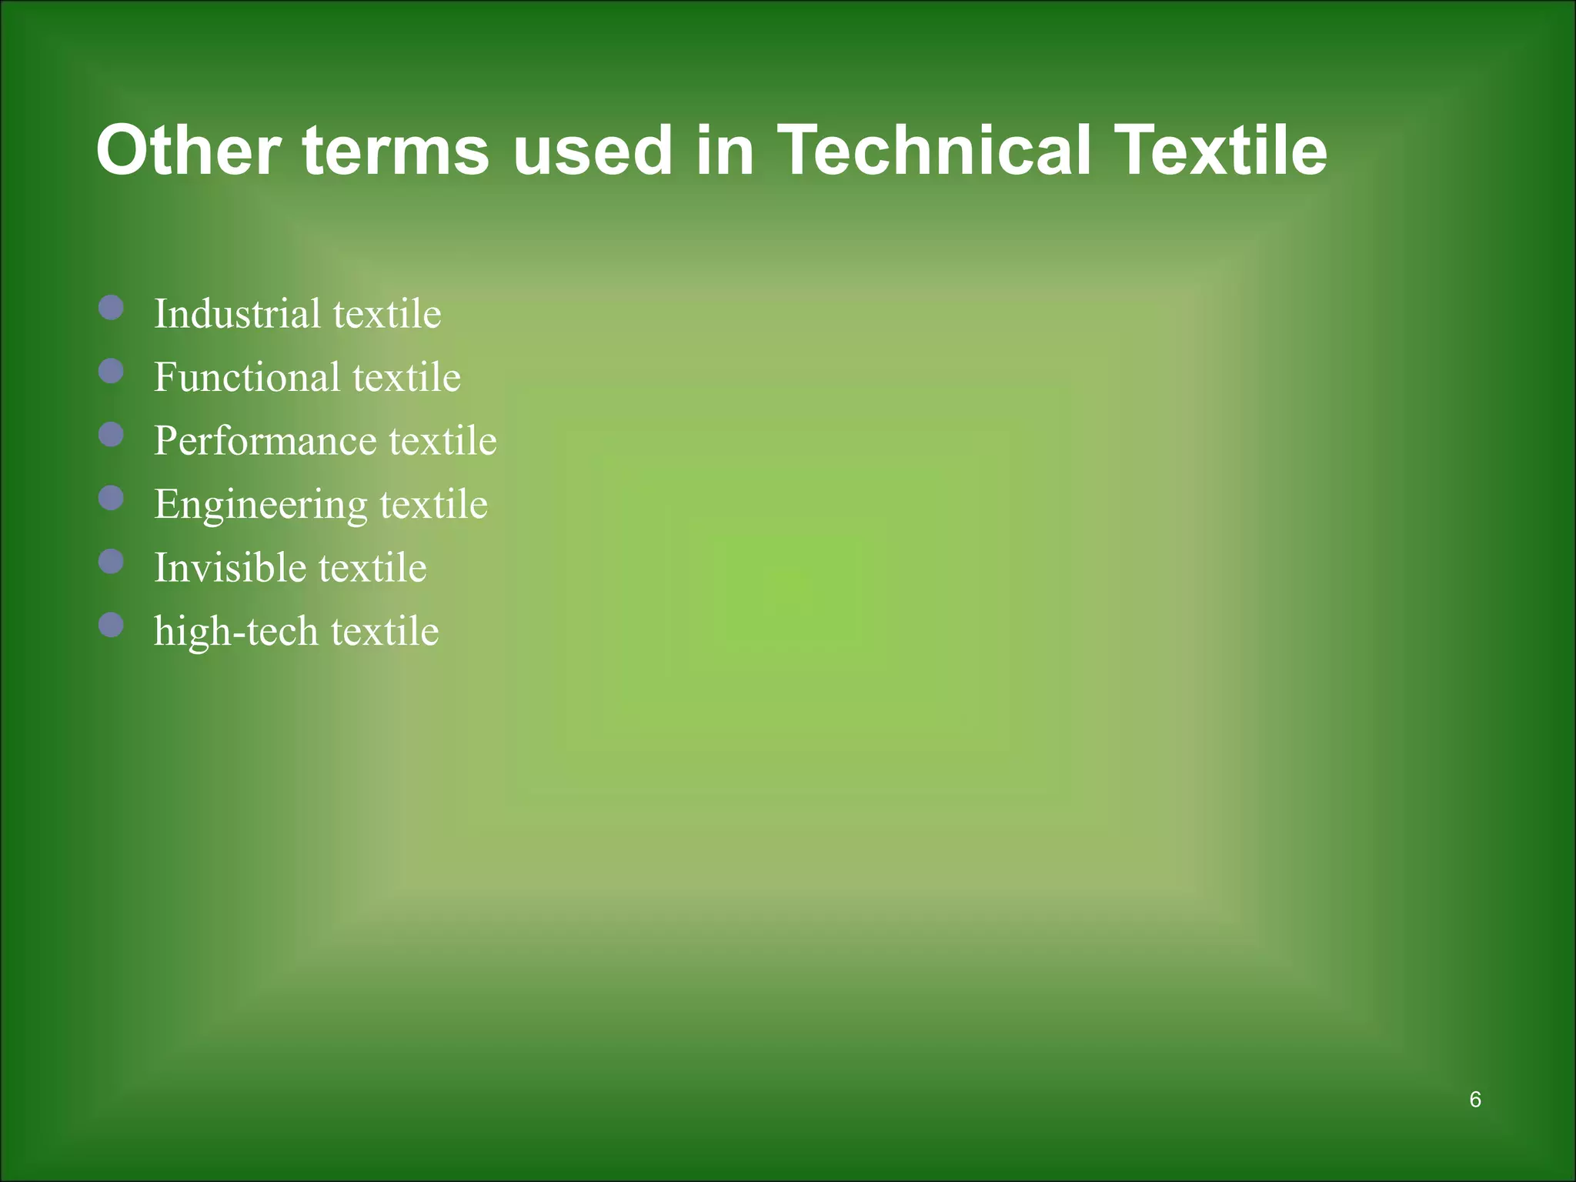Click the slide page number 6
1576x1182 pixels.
[1474, 1100]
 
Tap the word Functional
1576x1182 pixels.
[247, 377]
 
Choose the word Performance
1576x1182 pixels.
[265, 440]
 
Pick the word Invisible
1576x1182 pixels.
[230, 567]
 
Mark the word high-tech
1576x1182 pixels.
[236, 632]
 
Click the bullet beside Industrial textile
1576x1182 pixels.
[112, 309]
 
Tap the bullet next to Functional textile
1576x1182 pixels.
[112, 372]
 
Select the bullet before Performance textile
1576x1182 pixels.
[112, 435]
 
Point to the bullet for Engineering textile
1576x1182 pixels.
[112, 498]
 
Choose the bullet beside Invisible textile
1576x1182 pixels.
[112, 562]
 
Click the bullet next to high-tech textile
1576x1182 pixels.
[112, 625]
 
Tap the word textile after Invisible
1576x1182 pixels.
[372, 567]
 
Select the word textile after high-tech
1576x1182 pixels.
[385, 631]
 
